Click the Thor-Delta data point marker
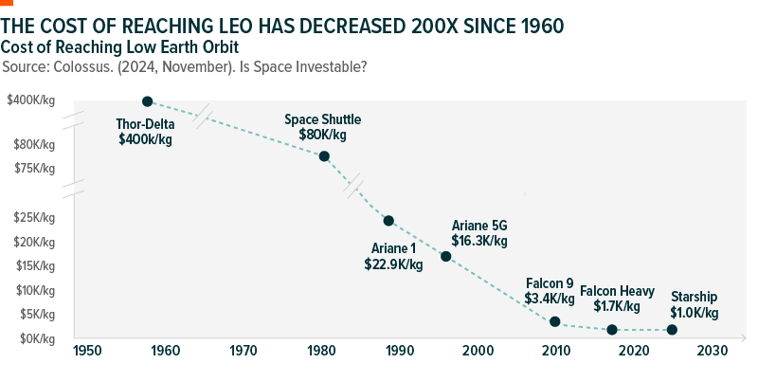pyautogui.click(x=148, y=100)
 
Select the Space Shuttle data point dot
pyautogui.click(x=324, y=156)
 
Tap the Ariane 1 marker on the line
pyautogui.click(x=388, y=221)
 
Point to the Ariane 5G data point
pyautogui.click(x=446, y=256)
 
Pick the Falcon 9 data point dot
pyautogui.click(x=555, y=321)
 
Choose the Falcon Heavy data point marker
pyautogui.click(x=612, y=330)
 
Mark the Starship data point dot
pyautogui.click(x=672, y=330)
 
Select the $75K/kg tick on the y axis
pyautogui.click(x=35, y=169)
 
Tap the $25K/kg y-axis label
pyautogui.click(x=35, y=217)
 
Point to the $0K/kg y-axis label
pyautogui.click(x=37, y=338)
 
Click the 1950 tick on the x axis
pyautogui.click(x=86, y=351)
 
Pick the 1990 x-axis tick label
pyautogui.click(x=399, y=351)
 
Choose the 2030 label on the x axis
pyautogui.click(x=712, y=351)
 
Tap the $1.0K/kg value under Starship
pyautogui.click(x=695, y=313)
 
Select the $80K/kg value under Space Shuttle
pyautogui.click(x=323, y=135)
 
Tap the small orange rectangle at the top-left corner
pyautogui.click(x=7, y=3)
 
